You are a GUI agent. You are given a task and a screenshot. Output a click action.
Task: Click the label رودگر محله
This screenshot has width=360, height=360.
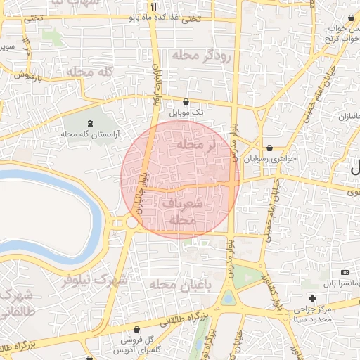coord(206,56)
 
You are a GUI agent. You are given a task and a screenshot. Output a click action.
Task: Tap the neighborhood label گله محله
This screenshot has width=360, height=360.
coord(90,72)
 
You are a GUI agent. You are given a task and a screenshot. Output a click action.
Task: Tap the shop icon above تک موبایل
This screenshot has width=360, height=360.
coord(186,102)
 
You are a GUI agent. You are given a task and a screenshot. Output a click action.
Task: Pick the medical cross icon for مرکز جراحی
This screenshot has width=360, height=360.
coord(312,298)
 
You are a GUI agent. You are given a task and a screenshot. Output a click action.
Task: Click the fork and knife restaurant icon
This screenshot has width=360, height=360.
coord(153,7)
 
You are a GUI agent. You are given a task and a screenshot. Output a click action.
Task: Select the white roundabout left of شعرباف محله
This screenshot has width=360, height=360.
coord(131,222)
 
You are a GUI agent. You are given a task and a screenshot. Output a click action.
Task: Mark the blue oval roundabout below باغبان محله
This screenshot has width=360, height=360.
coord(229,297)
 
